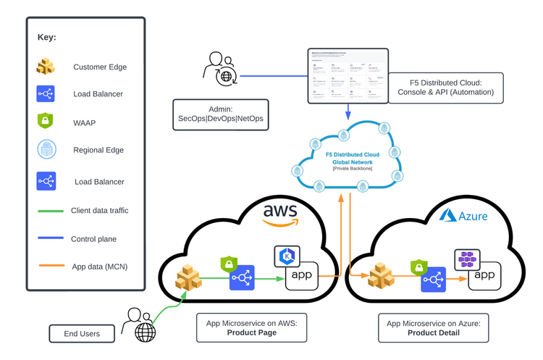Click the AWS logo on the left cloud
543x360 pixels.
click(280, 212)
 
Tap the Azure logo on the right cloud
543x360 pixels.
click(464, 216)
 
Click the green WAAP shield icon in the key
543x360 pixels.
click(46, 122)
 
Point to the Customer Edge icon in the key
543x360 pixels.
click(46, 67)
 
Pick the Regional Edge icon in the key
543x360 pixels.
click(46, 150)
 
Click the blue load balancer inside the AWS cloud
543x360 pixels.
click(243, 277)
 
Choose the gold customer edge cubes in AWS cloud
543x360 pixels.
click(192, 277)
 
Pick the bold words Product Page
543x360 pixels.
click(252, 333)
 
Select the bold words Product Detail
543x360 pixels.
click(434, 333)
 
